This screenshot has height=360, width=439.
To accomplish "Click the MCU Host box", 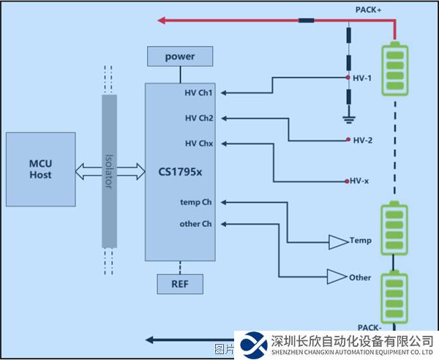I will coord(40,170).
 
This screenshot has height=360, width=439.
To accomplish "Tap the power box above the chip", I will coord(180,56).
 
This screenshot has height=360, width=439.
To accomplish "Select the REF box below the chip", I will coord(179,283).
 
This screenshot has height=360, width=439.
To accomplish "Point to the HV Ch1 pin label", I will coord(198,93).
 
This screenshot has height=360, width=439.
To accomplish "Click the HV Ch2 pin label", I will coord(198,118).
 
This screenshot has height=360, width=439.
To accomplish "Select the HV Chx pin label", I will coord(198,143).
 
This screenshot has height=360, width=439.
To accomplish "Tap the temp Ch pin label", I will coord(195,201).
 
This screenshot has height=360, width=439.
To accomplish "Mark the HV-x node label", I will coord(359,181).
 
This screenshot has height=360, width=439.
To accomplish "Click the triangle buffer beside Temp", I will coord(338,241).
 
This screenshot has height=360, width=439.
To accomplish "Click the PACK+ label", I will coord(368,9).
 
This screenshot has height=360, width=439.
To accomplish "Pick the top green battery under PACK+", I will coord(397,68).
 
